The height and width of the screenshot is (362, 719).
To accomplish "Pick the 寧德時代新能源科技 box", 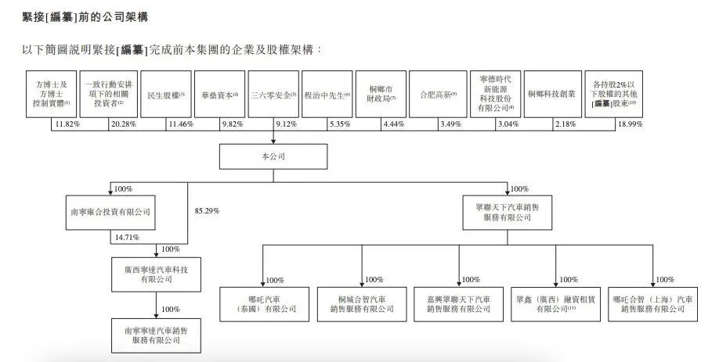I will [495, 95].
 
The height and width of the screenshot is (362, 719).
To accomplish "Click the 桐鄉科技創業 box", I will [551, 95].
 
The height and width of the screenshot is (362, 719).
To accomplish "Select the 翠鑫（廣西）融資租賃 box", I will [555, 303].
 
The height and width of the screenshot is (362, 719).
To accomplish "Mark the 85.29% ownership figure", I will [205, 211].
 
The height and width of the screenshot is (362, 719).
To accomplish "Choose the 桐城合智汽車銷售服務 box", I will [361, 303].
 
